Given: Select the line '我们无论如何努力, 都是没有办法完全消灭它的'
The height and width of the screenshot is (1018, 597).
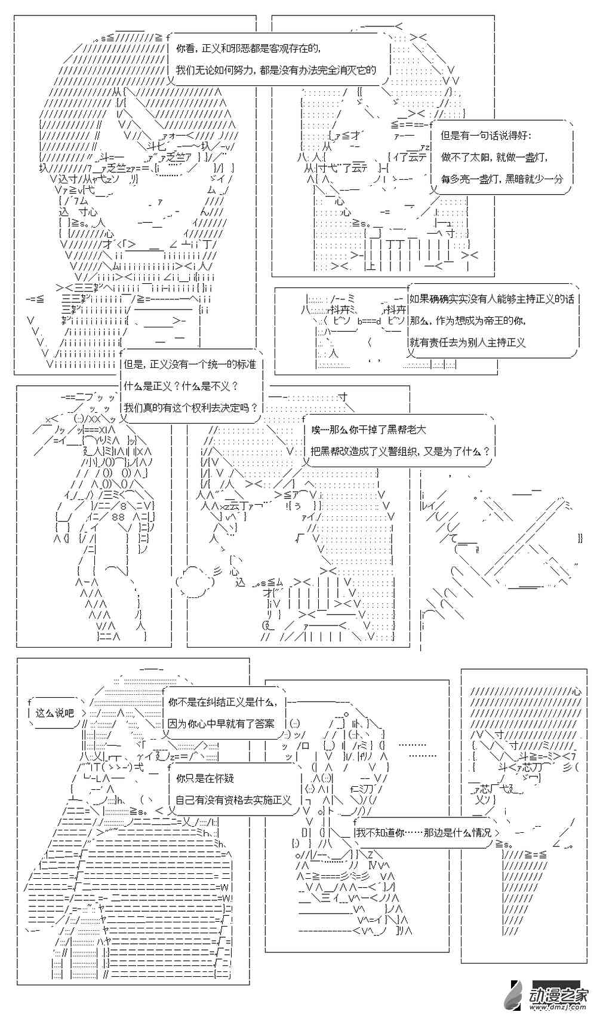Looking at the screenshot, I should [276, 70].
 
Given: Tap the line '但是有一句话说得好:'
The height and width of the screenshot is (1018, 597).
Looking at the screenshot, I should [485, 136].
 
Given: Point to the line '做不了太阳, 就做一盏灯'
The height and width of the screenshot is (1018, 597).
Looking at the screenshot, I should [494, 157].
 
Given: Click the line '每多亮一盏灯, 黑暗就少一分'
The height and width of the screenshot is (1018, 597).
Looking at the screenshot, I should [501, 178].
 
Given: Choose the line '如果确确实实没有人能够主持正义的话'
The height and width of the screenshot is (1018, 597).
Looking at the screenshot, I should [491, 299].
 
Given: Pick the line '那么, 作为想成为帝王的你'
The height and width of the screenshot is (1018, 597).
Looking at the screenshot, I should [467, 320].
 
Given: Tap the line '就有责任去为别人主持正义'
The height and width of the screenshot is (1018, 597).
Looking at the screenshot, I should [467, 342].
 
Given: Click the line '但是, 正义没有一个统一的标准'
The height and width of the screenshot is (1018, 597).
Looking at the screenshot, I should [189, 364].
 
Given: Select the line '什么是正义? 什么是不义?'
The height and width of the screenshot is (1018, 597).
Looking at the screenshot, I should [180, 385].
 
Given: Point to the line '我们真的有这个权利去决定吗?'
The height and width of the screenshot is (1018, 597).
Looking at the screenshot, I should [191, 407].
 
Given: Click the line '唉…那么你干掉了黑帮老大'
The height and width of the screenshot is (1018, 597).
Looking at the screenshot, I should [368, 430].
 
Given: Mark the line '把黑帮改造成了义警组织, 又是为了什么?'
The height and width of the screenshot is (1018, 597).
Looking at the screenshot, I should [400, 451].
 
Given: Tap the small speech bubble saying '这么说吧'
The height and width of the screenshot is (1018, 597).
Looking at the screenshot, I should [54, 713].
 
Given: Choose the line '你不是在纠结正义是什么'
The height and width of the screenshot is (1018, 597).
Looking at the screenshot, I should [223, 702].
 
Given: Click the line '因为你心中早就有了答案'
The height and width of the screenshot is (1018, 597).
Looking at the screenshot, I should [221, 723].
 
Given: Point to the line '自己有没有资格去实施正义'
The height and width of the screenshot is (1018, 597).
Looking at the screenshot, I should [233, 799].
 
